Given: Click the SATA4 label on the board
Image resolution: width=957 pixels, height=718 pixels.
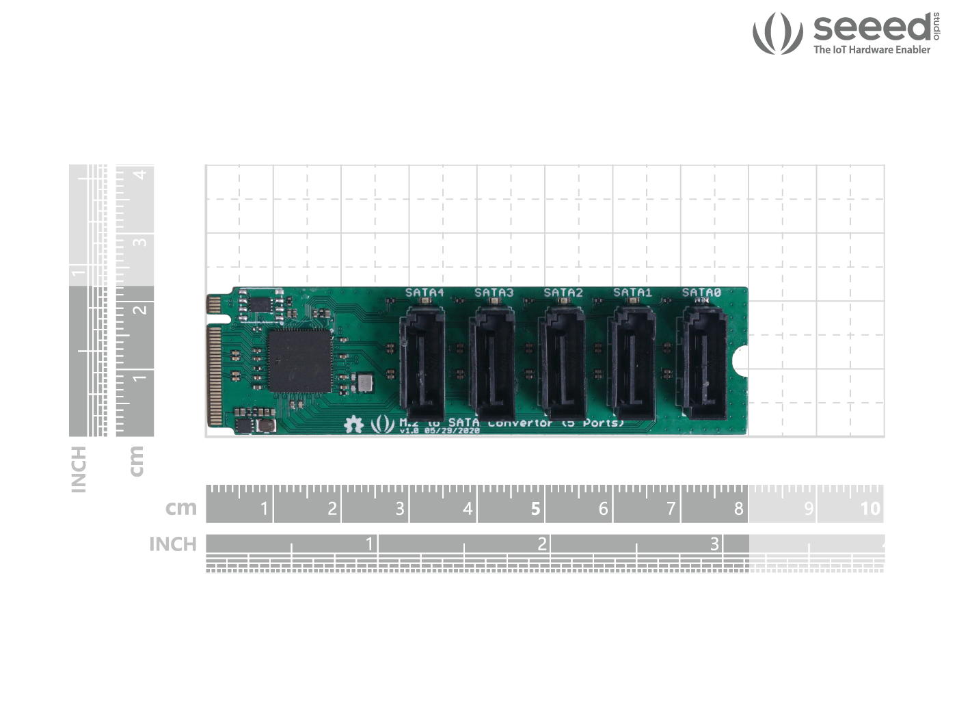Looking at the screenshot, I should pyautogui.click(x=424, y=293).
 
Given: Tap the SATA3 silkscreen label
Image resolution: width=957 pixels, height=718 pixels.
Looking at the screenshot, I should pyautogui.click(x=494, y=293).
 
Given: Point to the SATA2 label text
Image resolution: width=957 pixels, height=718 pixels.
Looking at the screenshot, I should pyautogui.click(x=563, y=293).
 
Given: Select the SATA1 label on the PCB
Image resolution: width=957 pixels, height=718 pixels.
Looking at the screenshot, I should pyautogui.click(x=632, y=293).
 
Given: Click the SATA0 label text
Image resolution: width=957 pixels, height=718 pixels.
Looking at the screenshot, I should pyautogui.click(x=701, y=293).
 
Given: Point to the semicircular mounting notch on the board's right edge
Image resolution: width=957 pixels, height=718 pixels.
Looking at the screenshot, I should pyautogui.click(x=741, y=360).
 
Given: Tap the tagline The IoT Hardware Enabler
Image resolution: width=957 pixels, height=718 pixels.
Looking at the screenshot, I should pyautogui.click(x=872, y=50).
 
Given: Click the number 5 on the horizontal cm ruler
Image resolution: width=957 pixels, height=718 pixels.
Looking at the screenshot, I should pyautogui.click(x=535, y=509).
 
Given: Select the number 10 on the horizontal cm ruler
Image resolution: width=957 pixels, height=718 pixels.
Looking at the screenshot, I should pyautogui.click(x=870, y=509).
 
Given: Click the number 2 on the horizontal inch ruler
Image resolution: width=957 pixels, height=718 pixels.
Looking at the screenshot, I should pyautogui.click(x=541, y=544).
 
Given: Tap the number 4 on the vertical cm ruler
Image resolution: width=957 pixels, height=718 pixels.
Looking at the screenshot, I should pyautogui.click(x=140, y=175).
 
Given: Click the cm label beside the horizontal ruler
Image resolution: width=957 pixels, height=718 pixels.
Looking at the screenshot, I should pyautogui.click(x=180, y=508).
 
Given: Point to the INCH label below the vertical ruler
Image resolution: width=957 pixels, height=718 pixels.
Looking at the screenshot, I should pyautogui.click(x=79, y=469).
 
